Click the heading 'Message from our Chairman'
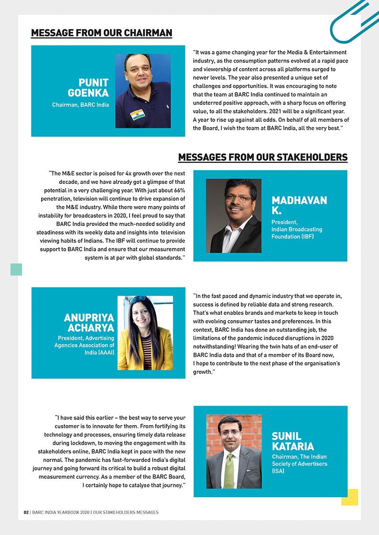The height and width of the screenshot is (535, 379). (x=101, y=33)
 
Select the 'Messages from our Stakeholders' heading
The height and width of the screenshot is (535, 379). (x=262, y=157)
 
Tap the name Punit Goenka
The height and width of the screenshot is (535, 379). (x=88, y=87)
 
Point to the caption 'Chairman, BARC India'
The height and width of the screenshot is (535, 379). (x=80, y=105)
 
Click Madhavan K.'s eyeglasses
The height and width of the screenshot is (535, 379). (x=238, y=198)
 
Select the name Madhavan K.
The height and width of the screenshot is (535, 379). (x=299, y=205)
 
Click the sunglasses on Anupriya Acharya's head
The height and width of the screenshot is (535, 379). (x=137, y=300)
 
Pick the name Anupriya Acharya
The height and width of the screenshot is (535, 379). (x=89, y=323)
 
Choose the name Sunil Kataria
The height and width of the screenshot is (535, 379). (x=292, y=441)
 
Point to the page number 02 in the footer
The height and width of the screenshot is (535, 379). (x=26, y=512)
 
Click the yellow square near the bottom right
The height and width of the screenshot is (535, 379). (x=349, y=497)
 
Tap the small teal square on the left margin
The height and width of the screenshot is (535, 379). (x=16, y=269)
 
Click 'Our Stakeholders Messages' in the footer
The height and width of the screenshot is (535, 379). (x=126, y=512)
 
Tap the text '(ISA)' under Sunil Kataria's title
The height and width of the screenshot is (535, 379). (x=278, y=471)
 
